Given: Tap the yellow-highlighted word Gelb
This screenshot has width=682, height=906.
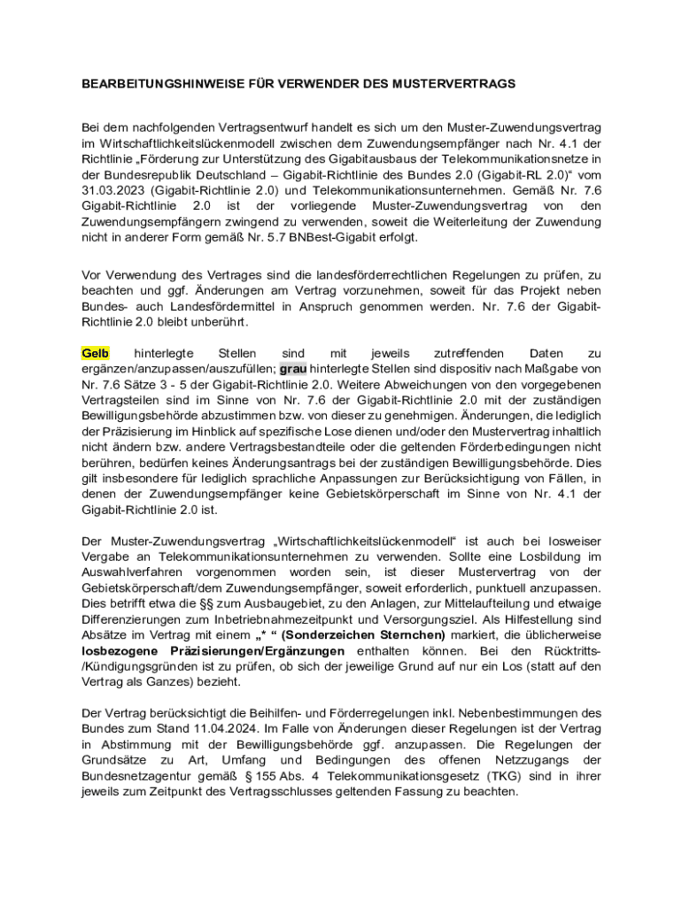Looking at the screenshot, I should tap(95, 354).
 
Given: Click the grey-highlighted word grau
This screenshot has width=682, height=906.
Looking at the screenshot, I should tap(292, 369).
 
